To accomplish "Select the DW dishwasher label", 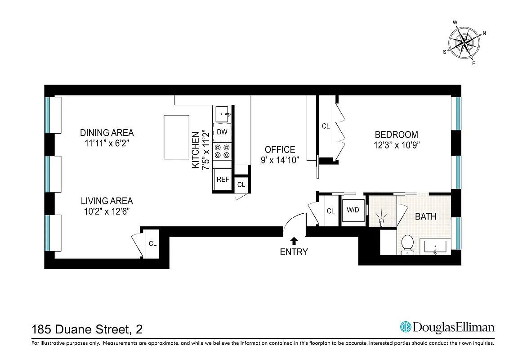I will coord(222,132).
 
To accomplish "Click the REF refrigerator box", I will coord(223,179).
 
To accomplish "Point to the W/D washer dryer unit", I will coord(353,210).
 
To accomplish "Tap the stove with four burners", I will coord(222,151).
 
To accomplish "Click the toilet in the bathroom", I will coord(408,244).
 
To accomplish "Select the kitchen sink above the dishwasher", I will coord(223,114).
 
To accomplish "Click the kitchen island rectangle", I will coord(176,137).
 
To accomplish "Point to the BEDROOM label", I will coord(396,135).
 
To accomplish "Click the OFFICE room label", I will coord(280,150).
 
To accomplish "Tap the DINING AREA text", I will coord(107,133).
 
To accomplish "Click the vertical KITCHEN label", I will coord(196,150).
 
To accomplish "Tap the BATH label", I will coord(425,216).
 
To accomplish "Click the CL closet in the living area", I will coord(153,243).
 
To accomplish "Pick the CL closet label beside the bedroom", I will coord(326,126).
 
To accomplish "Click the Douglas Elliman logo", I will coord(447,327).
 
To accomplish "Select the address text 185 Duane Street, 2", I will coord(87,329).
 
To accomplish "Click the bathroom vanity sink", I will coord(435,247).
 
